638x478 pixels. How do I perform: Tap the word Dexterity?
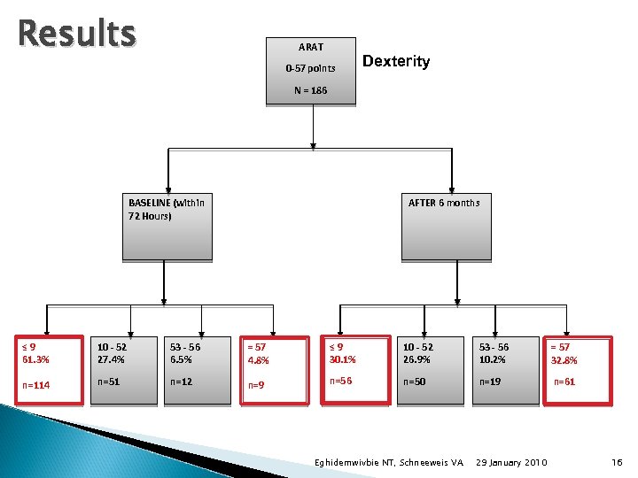click(x=396, y=61)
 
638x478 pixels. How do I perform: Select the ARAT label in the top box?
click(x=310, y=47)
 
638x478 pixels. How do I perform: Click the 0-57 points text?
click(x=310, y=68)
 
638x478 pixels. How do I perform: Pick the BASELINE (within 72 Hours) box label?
click(x=166, y=208)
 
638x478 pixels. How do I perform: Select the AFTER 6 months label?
click(x=443, y=203)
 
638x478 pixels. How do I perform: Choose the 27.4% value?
click(x=112, y=359)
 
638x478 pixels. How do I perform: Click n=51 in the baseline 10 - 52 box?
click(x=108, y=382)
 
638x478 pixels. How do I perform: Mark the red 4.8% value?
click(x=259, y=360)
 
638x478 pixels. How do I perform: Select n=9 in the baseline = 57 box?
click(x=256, y=385)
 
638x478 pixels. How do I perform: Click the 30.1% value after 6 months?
click(x=342, y=359)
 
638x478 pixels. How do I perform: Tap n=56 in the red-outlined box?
click(x=340, y=381)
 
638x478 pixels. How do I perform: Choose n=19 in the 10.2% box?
click(x=489, y=382)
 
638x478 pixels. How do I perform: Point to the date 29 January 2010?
click(x=511, y=463)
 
